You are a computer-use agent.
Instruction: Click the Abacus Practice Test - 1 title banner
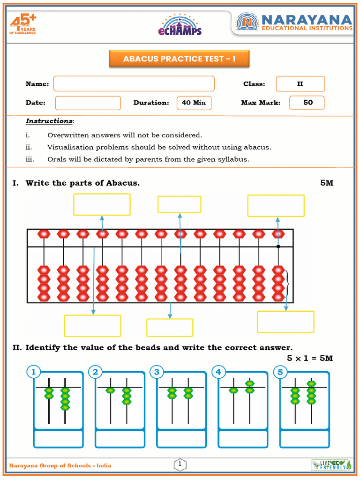[179, 59]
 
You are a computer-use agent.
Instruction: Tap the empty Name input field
[134, 84]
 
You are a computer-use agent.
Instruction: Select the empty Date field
[88, 103]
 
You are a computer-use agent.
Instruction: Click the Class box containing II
[300, 84]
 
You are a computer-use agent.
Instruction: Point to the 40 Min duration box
[194, 103]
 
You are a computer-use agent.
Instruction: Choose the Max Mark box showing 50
[307, 102]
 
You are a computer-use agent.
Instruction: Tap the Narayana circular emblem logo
[247, 22]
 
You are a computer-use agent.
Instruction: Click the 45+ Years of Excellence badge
[23, 24]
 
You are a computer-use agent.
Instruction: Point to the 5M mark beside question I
[327, 183]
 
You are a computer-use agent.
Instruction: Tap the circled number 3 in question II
[157, 372]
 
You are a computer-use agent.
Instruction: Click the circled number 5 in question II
[280, 372]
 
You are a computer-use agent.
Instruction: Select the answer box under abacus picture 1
[59, 439]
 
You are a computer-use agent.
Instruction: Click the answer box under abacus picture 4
[243, 439]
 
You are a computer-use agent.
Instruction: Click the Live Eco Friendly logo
[330, 465]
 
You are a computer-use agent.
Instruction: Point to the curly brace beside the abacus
[287, 284]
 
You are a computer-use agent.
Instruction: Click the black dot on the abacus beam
[278, 246]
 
